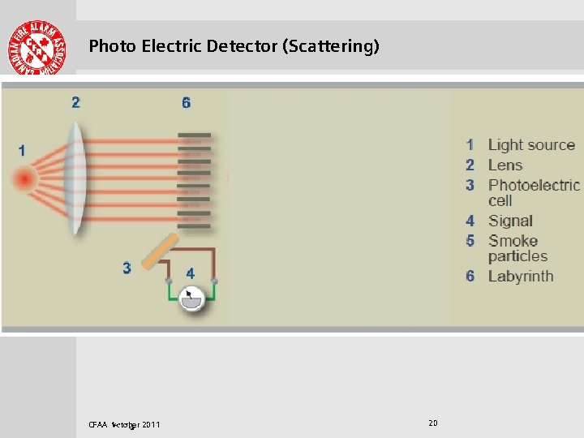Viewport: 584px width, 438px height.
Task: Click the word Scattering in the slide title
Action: (x=330, y=46)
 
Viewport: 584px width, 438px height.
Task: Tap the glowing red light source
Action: (x=24, y=179)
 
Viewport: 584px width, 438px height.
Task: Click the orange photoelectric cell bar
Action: (x=160, y=251)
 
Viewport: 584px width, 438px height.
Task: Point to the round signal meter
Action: (x=191, y=298)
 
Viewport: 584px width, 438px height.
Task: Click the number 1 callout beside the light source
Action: (x=22, y=150)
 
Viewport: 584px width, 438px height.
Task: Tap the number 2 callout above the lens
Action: (x=75, y=102)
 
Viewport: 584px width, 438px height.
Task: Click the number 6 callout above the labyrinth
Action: (x=187, y=102)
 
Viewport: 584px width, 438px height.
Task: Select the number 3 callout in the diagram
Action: (x=127, y=268)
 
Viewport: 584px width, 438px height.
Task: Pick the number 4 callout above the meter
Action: (x=191, y=273)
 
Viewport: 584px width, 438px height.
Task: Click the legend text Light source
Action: (x=531, y=145)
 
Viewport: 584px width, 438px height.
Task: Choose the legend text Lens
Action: (x=505, y=165)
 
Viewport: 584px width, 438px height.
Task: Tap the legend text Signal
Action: (x=510, y=221)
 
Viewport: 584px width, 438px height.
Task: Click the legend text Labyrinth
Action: (x=521, y=276)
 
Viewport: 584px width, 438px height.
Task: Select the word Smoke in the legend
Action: (x=513, y=241)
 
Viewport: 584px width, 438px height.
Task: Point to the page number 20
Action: (x=433, y=423)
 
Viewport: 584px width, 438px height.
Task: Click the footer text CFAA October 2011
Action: (x=125, y=424)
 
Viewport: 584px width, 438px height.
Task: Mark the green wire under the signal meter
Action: (x=191, y=299)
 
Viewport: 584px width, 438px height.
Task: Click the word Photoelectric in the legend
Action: (x=534, y=185)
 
